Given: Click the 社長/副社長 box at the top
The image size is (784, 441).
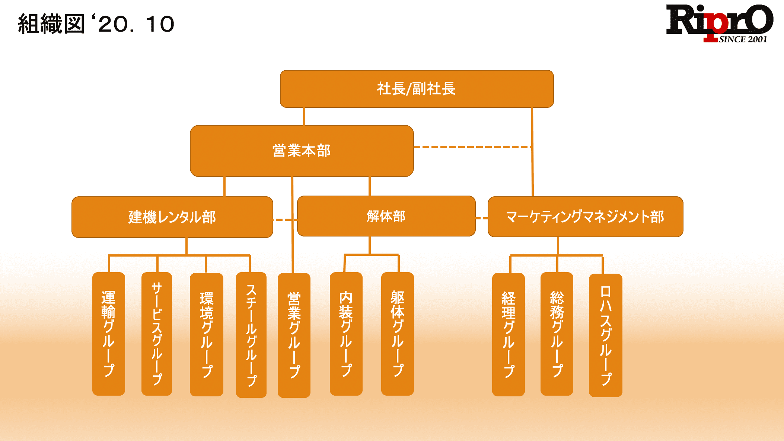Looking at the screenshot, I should coord(417,89).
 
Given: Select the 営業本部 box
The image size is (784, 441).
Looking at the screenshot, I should coord(302,151).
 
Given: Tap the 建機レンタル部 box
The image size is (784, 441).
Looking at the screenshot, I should coord(172,217).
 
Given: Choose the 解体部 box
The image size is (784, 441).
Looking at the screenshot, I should coord(386,216).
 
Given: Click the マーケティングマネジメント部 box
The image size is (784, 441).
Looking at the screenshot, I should coord(585,217).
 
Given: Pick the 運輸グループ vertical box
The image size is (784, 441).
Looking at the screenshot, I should coord(109,334).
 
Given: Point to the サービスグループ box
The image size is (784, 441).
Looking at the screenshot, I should coord(157,334).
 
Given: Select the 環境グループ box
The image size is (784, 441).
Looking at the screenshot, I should coord(207,334).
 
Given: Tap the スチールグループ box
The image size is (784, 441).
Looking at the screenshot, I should coord(251,335).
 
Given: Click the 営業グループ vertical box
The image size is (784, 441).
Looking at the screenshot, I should coord(294,335).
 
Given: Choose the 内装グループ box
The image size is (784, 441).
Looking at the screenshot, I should coord(346,334).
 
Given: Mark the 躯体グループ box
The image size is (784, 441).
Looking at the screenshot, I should coord(398,334).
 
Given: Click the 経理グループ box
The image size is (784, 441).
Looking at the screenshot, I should coord(509,334).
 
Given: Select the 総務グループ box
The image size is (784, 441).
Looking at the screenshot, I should coord(557,334).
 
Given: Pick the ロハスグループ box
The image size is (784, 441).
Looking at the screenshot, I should coord(606,335).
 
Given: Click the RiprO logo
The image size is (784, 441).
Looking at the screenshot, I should coord(718,20).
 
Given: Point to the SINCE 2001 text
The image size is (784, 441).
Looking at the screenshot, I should coord(743,39).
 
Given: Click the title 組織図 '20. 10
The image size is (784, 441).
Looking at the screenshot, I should coord(96,24).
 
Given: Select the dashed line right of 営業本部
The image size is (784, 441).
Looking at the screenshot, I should coord(472,147).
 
